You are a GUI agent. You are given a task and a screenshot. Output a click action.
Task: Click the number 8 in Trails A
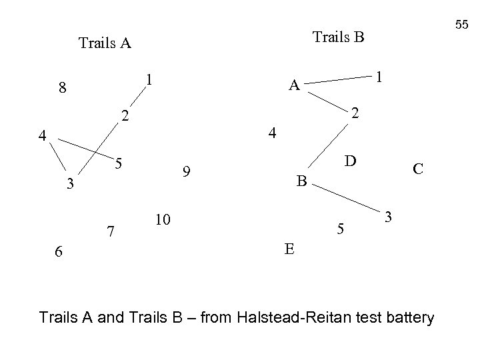point(62,88)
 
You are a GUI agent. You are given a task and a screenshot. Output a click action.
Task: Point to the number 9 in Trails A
point(188,173)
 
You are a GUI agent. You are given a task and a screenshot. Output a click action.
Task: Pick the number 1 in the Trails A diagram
point(150,79)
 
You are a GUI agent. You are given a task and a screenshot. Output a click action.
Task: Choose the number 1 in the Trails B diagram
point(378,77)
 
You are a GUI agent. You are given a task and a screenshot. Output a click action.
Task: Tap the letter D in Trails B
point(349,161)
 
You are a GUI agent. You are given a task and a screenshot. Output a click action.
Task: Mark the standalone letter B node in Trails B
point(301,180)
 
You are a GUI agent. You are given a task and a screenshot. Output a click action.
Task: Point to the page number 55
point(462,25)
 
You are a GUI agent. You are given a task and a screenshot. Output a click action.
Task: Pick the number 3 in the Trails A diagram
point(69,184)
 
